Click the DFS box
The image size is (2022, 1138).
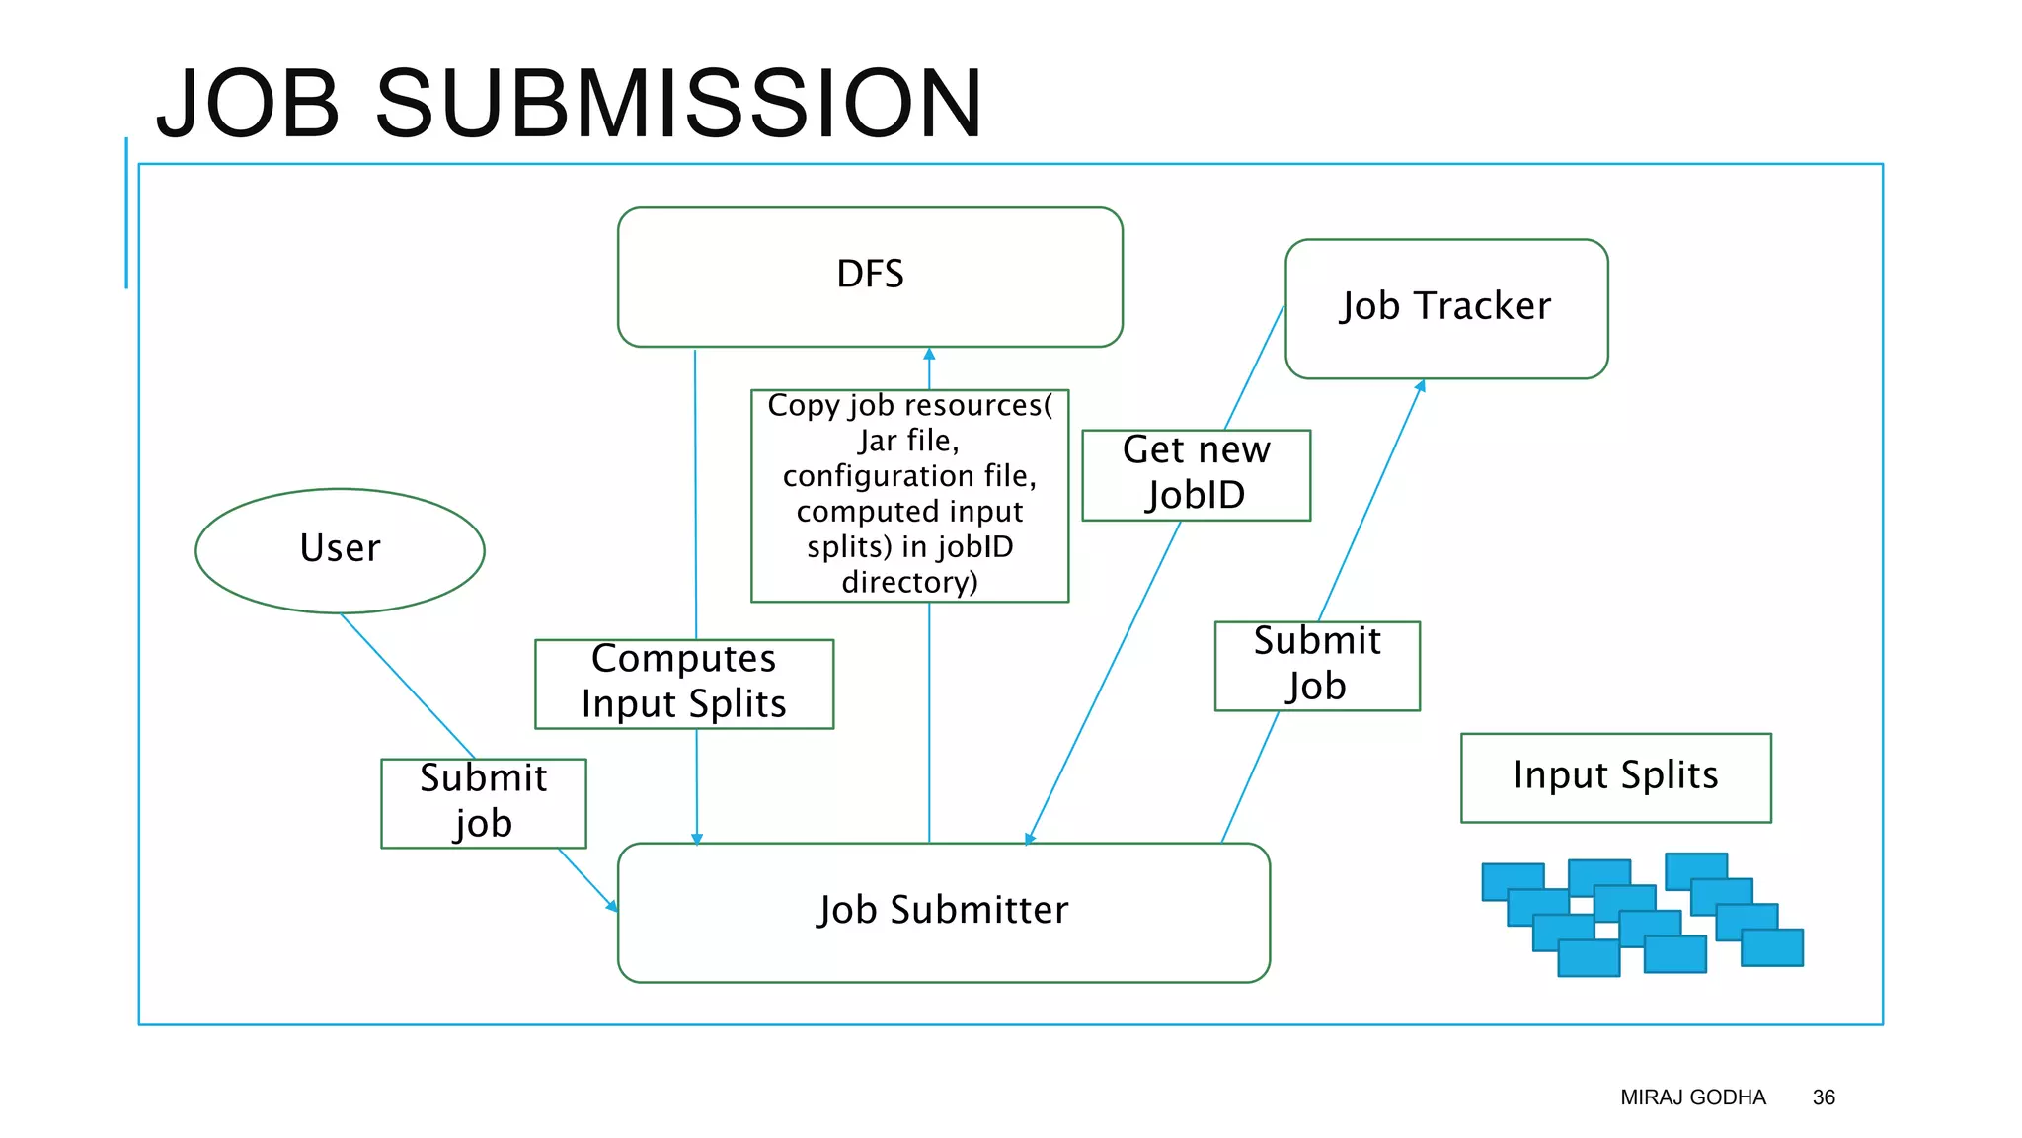[x=870, y=277]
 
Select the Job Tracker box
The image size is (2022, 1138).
[x=1445, y=308]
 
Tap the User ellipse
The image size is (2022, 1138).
[x=340, y=550]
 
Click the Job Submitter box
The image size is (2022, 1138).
[x=943, y=912]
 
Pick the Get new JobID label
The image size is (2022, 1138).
[x=1196, y=474]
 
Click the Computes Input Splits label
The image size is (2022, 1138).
[x=683, y=684]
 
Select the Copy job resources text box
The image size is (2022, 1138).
[x=909, y=495]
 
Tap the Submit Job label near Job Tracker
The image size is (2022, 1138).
[x=1316, y=665]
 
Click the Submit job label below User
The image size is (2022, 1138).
[x=483, y=802]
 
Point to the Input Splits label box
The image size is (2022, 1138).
[x=1615, y=776]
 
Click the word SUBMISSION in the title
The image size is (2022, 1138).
[x=678, y=104]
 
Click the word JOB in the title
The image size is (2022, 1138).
[x=249, y=104]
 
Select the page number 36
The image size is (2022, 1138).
[x=1823, y=1097]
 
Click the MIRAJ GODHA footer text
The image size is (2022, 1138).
[x=1692, y=1097]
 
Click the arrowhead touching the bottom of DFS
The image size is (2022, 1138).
[x=929, y=354]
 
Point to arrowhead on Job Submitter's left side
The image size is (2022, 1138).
[x=612, y=905]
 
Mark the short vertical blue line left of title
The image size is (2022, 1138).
[x=126, y=212]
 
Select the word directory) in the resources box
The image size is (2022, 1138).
[x=909, y=582]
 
